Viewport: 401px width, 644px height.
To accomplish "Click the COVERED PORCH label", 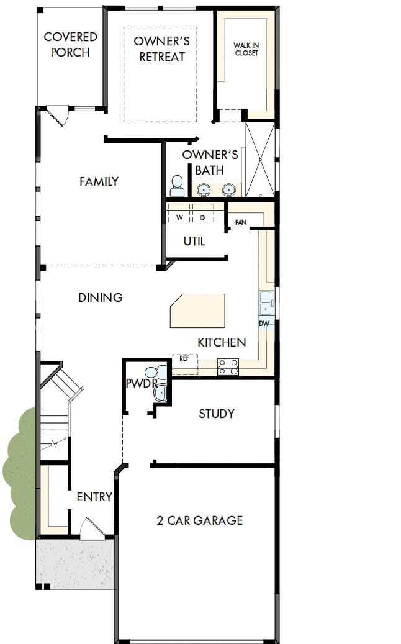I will pos(70,45).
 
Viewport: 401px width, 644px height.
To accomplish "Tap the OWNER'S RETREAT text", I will pos(161,49).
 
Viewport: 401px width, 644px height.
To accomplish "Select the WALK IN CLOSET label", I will pos(246,49).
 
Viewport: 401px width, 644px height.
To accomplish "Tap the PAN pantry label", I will pos(241,222).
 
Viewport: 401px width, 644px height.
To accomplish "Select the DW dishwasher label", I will pos(264,324).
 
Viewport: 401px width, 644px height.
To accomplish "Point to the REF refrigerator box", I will pos(184,359).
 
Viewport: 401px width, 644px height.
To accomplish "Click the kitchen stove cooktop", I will pos(228,367).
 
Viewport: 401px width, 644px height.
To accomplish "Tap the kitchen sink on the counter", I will pos(266,302).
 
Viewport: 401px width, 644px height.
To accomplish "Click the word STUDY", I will pos(217,414).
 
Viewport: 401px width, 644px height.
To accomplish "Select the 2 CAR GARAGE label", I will pos(199,520).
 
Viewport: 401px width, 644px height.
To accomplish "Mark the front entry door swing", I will pos(91,529).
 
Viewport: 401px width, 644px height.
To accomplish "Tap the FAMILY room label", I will pos(99,181).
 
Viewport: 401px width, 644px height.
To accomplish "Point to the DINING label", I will pos(101,297).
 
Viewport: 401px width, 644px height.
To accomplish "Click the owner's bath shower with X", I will pos(259,160).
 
